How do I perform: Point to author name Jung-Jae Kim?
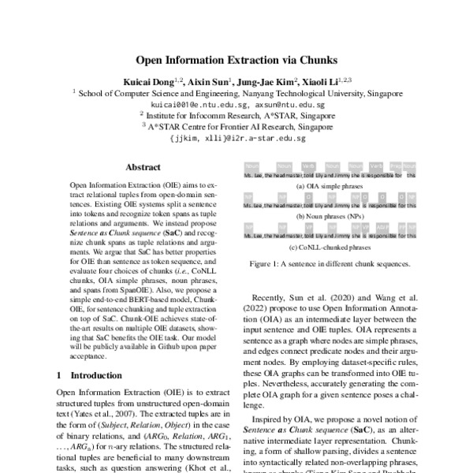[270, 80]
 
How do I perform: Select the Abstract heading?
[143, 167]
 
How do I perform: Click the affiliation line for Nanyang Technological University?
[237, 92]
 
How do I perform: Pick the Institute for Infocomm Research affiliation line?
[237, 114]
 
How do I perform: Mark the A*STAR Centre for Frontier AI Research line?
[237, 125]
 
